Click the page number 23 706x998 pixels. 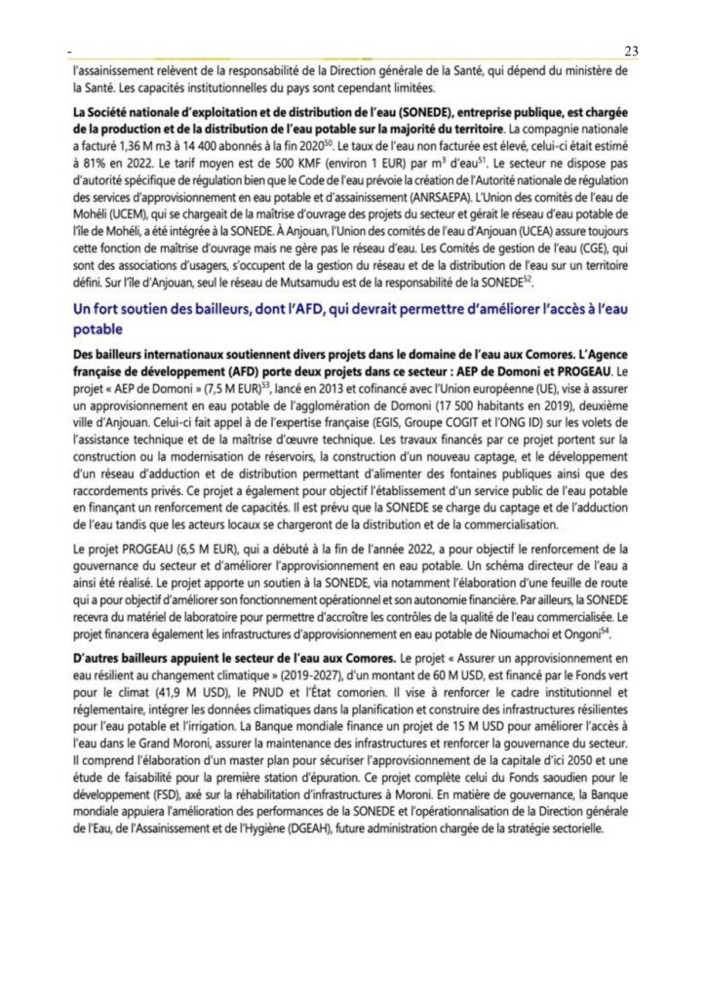630,51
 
